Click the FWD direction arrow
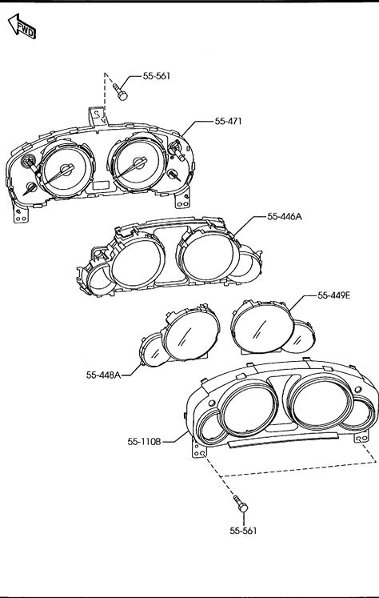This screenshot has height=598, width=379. click(x=22, y=26)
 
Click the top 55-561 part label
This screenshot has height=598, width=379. click(x=157, y=76)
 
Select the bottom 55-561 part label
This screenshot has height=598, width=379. click(x=243, y=531)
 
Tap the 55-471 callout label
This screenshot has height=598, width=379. click(x=228, y=121)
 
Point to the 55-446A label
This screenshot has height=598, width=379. click(x=284, y=217)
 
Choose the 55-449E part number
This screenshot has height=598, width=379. click(x=333, y=295)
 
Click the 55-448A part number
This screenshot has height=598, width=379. click(x=103, y=375)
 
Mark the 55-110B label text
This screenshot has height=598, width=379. click(x=144, y=442)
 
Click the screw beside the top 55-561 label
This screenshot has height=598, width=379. click(x=120, y=92)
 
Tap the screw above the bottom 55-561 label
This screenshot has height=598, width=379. click(x=241, y=504)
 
